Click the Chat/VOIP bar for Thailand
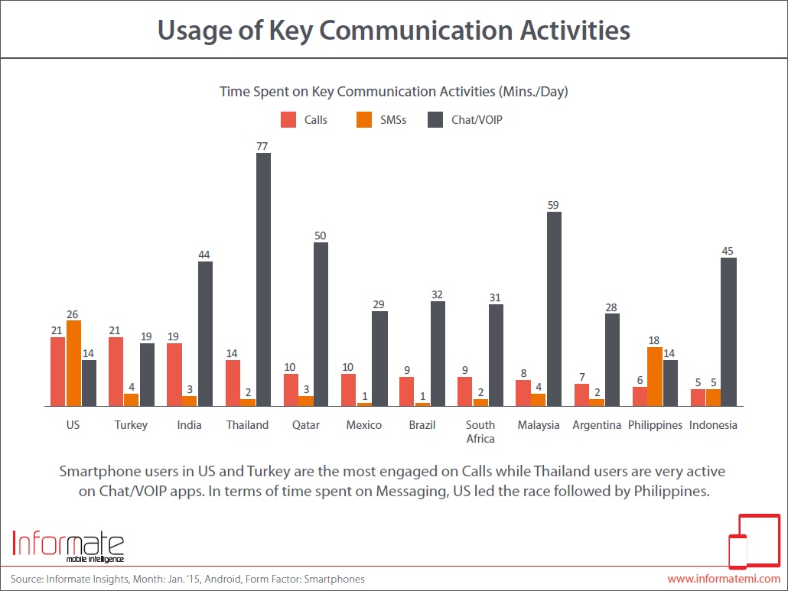(x=263, y=279)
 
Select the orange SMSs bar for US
(x=73, y=363)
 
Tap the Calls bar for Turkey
(x=116, y=372)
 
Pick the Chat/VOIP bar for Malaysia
(x=554, y=309)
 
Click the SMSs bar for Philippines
(x=655, y=376)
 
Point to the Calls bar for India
(x=174, y=375)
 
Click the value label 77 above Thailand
(x=263, y=145)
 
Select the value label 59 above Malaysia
(x=554, y=204)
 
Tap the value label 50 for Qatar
(x=321, y=235)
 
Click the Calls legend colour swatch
(x=288, y=120)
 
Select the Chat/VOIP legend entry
(x=464, y=120)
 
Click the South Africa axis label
(x=480, y=431)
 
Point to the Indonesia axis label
(x=713, y=425)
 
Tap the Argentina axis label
(x=597, y=425)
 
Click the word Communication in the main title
(x=418, y=31)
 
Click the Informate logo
(x=69, y=545)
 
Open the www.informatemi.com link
(x=724, y=579)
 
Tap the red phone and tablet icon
(x=752, y=542)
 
